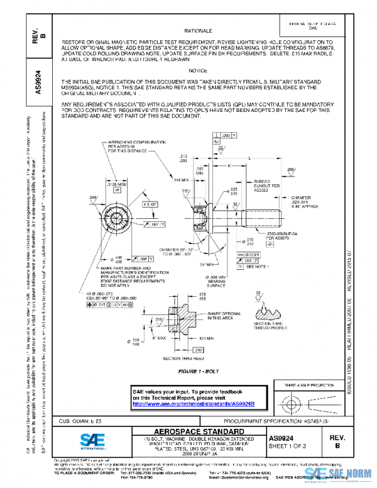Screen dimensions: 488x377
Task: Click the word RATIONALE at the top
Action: tap(197, 30)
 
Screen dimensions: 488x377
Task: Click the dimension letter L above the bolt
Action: tap(251, 158)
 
